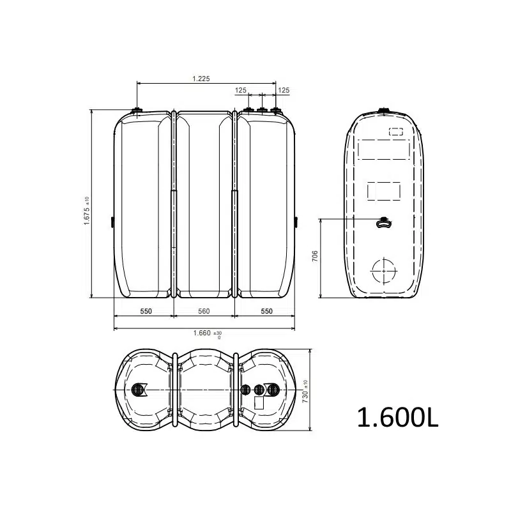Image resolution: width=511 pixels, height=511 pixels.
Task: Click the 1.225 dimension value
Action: (201, 79)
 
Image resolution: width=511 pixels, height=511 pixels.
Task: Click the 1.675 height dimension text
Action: (87, 211)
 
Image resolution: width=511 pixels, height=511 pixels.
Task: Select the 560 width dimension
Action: (204, 311)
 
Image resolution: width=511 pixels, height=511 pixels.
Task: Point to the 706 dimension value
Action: (315, 257)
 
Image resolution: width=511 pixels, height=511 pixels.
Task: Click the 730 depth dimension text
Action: (305, 392)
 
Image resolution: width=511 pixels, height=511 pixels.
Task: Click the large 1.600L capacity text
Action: (397, 418)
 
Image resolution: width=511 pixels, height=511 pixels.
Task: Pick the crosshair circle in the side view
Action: (384, 271)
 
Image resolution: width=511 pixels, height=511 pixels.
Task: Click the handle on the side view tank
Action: (384, 222)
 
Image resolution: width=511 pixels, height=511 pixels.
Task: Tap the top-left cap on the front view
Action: (137, 111)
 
